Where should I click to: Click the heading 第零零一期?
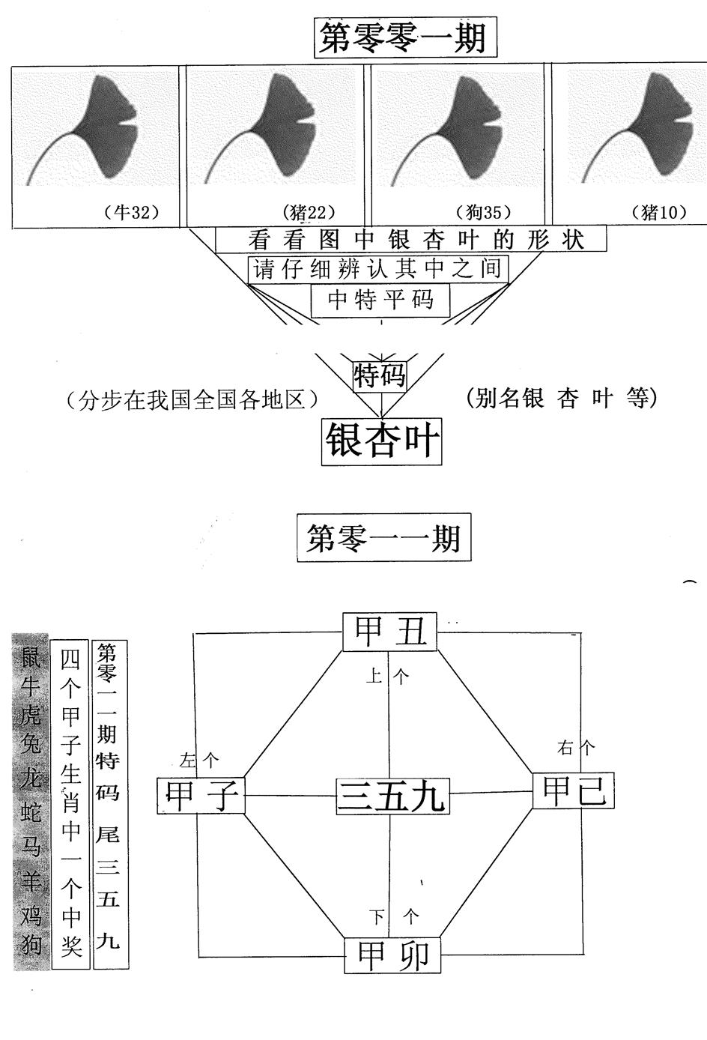click(x=404, y=37)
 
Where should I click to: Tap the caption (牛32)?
click(x=132, y=213)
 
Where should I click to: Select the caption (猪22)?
click(x=309, y=213)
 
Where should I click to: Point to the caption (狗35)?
click(x=483, y=213)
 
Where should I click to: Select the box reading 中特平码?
click(x=381, y=300)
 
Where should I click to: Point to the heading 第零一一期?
click(x=383, y=538)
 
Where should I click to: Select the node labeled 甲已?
click(x=574, y=791)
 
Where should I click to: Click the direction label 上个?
click(x=387, y=677)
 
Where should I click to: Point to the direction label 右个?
click(x=576, y=748)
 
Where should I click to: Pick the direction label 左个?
click(x=199, y=761)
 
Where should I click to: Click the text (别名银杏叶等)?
click(x=561, y=399)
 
